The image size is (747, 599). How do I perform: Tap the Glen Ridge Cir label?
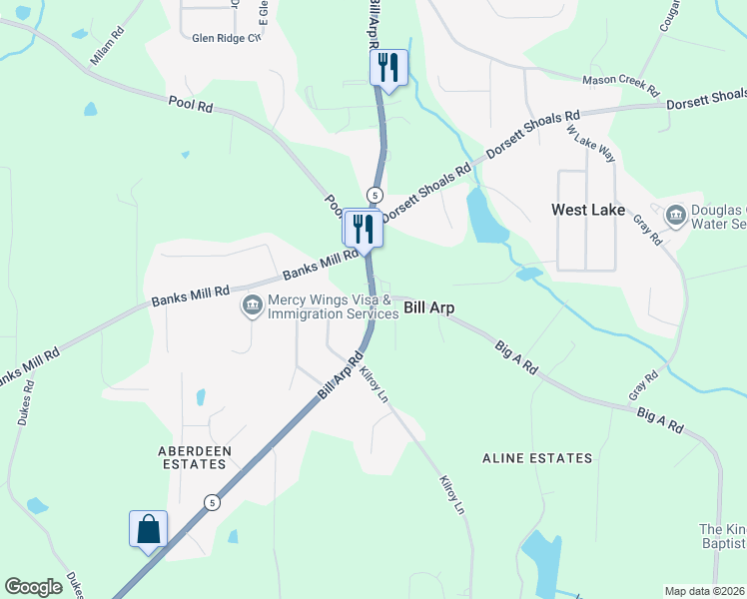point(227,38)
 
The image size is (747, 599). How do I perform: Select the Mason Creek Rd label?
point(622,84)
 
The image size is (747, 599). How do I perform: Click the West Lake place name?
point(588,211)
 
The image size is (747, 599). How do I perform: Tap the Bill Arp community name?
point(429,308)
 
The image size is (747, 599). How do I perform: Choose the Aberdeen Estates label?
point(195,458)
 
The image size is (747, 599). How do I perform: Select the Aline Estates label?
point(537,458)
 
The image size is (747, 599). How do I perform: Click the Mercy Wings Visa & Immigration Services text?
point(334,306)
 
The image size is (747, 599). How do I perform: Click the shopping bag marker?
point(148,528)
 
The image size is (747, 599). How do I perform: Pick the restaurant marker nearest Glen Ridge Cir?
point(388,68)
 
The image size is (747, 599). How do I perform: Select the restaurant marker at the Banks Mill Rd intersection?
point(362,228)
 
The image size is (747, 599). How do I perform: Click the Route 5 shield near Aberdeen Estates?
point(212,503)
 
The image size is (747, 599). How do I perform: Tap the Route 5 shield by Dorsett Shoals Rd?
point(374,194)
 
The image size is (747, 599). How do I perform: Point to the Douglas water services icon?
point(675,215)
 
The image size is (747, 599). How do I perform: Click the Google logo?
point(34,587)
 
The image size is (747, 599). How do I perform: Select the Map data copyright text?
point(705,591)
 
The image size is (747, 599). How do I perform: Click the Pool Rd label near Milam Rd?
point(191,103)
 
